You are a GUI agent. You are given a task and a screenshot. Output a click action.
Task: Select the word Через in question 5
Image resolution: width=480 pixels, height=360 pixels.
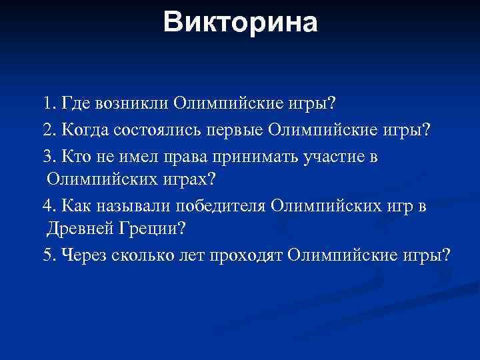(82, 256)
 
